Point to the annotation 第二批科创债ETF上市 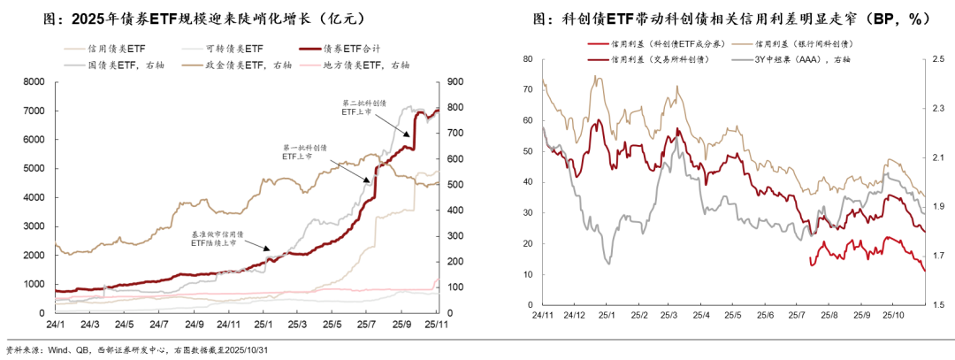point(361,107)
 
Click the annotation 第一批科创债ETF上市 point(303,151)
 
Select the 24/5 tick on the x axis point(124,324)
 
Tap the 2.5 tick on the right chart point(938,59)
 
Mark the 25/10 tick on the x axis point(893,315)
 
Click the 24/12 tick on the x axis point(574,315)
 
